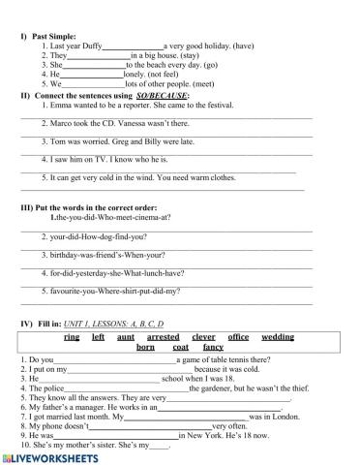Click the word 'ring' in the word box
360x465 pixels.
point(72,336)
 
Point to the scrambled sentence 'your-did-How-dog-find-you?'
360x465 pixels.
point(97,235)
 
